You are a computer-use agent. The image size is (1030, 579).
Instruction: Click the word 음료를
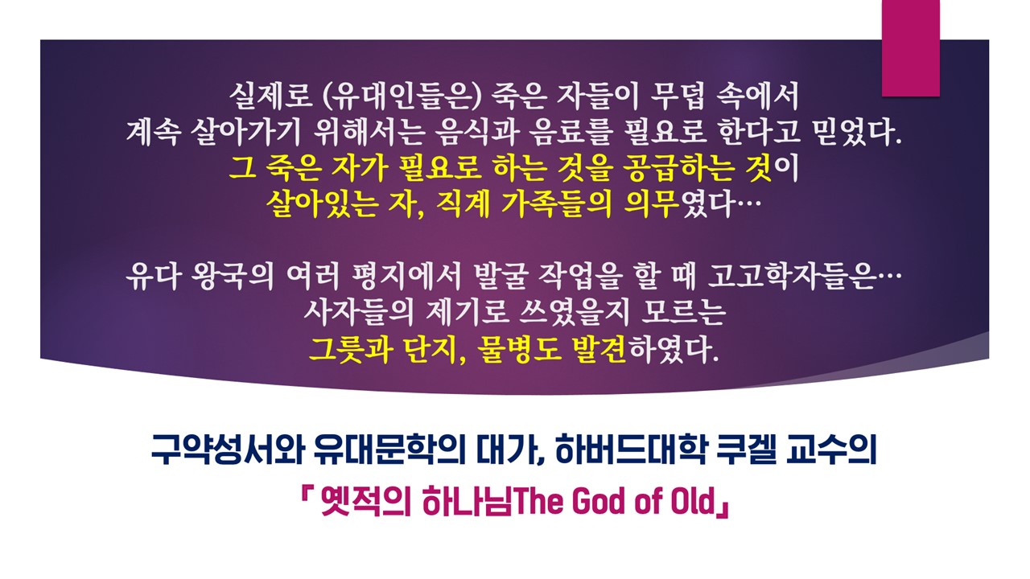point(571,133)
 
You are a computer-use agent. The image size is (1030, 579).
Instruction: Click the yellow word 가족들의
point(556,204)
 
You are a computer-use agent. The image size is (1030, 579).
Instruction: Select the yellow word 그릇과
point(350,349)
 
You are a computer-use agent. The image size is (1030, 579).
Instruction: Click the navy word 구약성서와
point(228,449)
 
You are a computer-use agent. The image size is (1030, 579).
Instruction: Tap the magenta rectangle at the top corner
point(910,47)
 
